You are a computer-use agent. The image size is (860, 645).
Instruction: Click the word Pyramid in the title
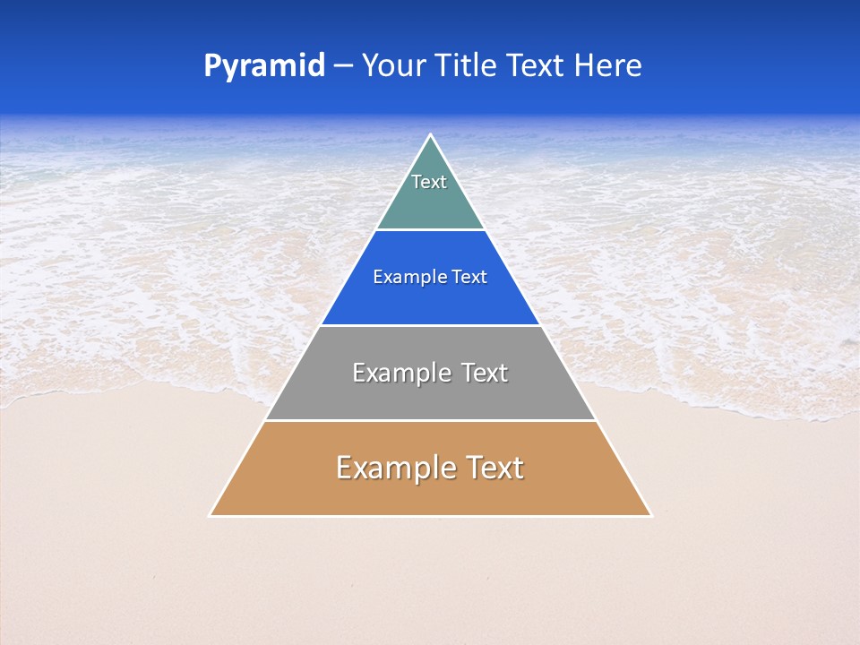pos(264,66)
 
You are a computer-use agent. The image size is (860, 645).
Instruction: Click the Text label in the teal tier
pos(429,182)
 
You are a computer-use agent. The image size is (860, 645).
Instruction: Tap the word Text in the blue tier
pos(469,278)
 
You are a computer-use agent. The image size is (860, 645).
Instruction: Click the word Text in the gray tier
pos(485,373)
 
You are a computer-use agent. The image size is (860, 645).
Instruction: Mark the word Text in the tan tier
pos(494,468)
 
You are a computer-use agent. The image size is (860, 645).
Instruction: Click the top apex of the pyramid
pos(431,135)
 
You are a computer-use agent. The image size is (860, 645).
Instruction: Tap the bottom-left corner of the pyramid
pos(211,515)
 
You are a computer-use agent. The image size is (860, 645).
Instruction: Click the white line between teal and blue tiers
pos(430,230)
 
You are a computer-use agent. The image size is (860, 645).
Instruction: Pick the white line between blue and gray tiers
pos(430,325)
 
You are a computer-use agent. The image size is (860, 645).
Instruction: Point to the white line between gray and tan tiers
pos(430,420)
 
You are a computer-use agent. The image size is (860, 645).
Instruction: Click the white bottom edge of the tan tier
pos(430,516)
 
